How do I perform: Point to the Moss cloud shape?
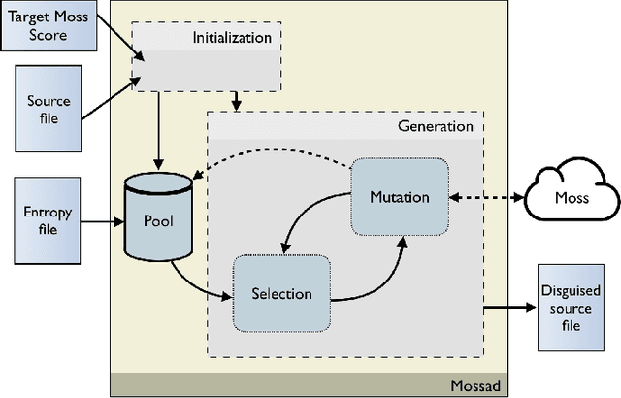[x=571, y=198]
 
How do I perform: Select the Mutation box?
[x=399, y=196]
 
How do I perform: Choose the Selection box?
[x=281, y=292]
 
